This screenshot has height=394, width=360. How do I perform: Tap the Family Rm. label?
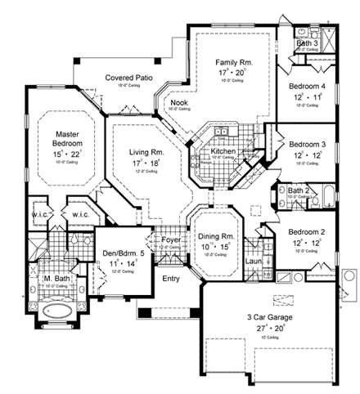[232, 61]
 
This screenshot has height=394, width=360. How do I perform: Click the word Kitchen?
[223, 152]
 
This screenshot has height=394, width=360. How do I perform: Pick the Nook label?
[178, 102]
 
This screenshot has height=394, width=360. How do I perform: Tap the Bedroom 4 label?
[305, 87]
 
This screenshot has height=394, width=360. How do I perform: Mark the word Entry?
[171, 279]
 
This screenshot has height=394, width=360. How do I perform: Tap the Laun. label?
[254, 261]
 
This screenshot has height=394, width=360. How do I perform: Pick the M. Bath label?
[56, 283]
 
